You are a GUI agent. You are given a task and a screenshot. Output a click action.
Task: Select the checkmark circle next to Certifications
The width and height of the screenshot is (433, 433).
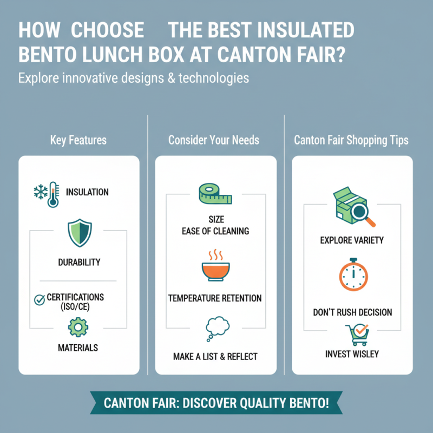point(39,299)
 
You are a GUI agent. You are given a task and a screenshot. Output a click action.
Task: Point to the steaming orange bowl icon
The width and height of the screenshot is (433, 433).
point(215,268)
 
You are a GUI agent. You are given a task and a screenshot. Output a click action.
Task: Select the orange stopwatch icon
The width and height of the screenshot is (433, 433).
point(352,277)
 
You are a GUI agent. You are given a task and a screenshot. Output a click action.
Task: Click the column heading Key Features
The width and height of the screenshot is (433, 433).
point(78,140)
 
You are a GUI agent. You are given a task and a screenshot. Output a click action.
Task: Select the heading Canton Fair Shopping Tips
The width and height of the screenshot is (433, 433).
point(351,140)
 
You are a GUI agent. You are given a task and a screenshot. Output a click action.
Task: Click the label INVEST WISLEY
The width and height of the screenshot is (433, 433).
point(352,354)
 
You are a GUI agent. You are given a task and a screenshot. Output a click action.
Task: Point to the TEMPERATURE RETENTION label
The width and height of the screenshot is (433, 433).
point(215,298)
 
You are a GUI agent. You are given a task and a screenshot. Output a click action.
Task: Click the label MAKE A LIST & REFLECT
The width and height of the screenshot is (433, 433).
point(215,356)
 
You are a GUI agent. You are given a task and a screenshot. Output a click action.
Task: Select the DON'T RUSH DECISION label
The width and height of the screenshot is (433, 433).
point(352,312)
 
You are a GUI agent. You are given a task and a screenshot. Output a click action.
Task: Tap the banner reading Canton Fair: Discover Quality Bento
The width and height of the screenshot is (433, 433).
point(216,403)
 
